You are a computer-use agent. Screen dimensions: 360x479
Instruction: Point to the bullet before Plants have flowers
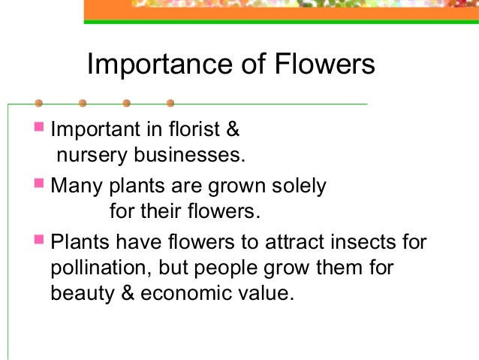[39, 240]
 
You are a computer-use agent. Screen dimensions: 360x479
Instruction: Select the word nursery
[84, 156]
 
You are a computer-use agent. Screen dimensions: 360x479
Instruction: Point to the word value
[263, 294]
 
